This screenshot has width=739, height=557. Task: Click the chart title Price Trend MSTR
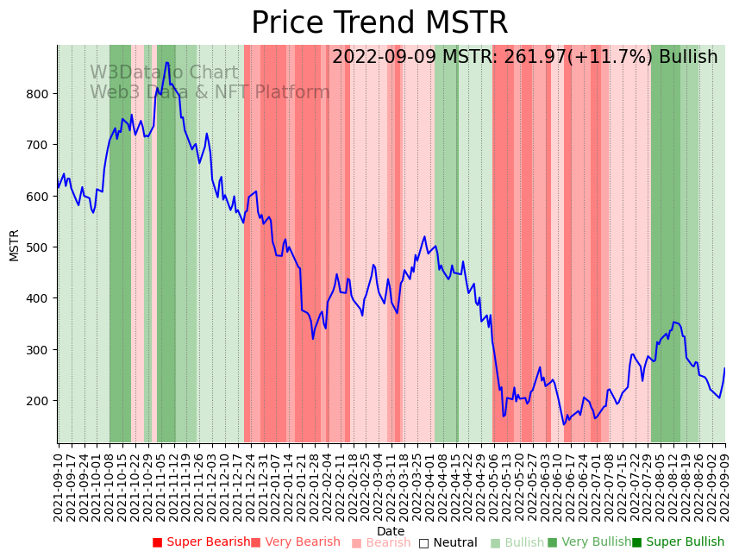coord(379,23)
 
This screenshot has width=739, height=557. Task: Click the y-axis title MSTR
coord(14,245)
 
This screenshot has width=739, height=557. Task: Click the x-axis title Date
coord(391,531)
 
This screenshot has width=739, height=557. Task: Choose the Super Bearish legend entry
coord(201,542)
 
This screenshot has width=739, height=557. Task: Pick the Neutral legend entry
coord(448,542)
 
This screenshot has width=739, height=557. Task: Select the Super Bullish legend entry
coord(678,542)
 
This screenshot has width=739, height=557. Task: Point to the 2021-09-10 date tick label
coord(59,483)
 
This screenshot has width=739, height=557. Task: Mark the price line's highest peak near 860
coord(167,62)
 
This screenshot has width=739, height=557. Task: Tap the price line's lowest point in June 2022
coord(564,424)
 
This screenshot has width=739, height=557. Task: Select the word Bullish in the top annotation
coord(688,58)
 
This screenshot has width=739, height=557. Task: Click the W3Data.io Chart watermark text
coord(164,73)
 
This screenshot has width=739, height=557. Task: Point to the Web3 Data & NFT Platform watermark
coord(210,92)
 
